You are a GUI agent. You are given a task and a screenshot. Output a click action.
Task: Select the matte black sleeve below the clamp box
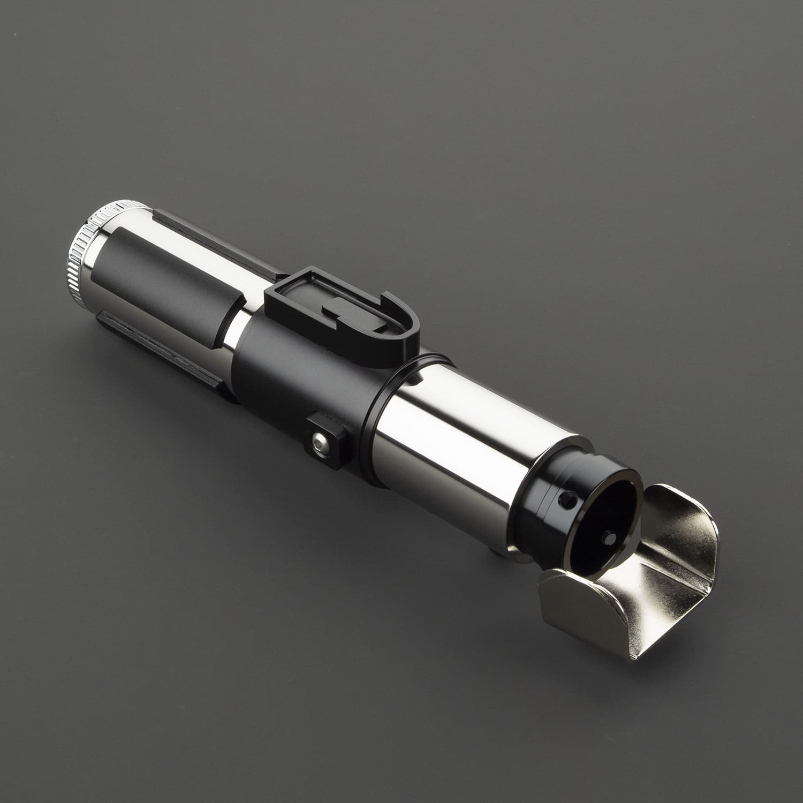(x=300, y=375)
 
